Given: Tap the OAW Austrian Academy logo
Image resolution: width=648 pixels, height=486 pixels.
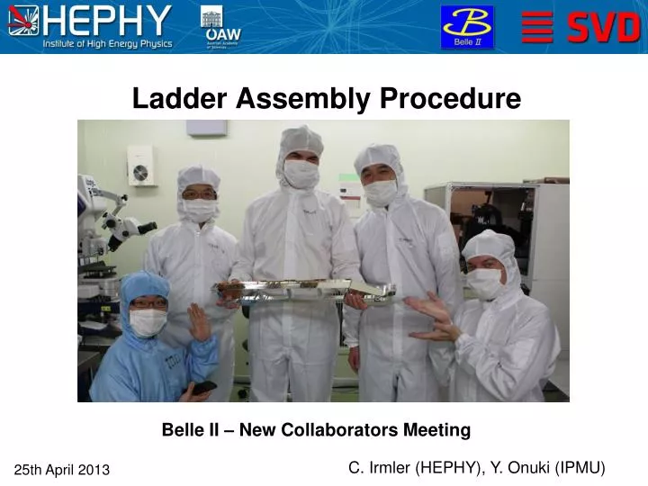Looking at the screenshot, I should point(221,27).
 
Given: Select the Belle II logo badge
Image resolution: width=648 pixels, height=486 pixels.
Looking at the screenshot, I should point(466,26).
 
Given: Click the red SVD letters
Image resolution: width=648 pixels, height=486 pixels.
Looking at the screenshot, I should point(604,28).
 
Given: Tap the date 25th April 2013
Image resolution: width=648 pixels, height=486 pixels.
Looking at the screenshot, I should point(62,470).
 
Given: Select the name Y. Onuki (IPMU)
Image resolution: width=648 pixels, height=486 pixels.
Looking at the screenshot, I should point(548,467).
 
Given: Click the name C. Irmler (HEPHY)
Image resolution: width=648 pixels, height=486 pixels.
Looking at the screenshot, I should point(413,467).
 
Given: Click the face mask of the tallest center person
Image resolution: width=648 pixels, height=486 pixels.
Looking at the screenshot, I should point(301,174).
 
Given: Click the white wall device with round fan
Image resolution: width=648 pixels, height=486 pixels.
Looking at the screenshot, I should point(140,166).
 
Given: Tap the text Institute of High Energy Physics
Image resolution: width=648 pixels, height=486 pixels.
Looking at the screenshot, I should point(107,44).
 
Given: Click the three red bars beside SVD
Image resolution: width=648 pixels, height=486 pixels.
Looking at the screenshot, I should point(537,27).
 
